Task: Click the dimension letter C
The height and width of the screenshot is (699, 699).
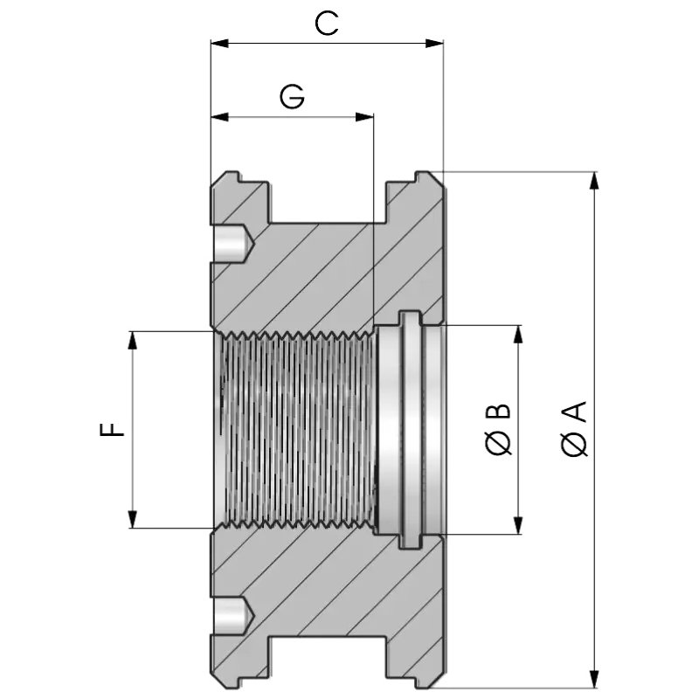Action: (326, 24)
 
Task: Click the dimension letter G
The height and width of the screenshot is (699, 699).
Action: (293, 96)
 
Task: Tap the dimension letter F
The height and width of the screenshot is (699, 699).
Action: (112, 430)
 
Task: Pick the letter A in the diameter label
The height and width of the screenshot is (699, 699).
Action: (574, 412)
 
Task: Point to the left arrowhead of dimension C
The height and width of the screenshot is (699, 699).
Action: (220, 43)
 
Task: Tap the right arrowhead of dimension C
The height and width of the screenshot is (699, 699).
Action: (434, 43)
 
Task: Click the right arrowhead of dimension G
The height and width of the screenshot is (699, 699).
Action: (364, 117)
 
